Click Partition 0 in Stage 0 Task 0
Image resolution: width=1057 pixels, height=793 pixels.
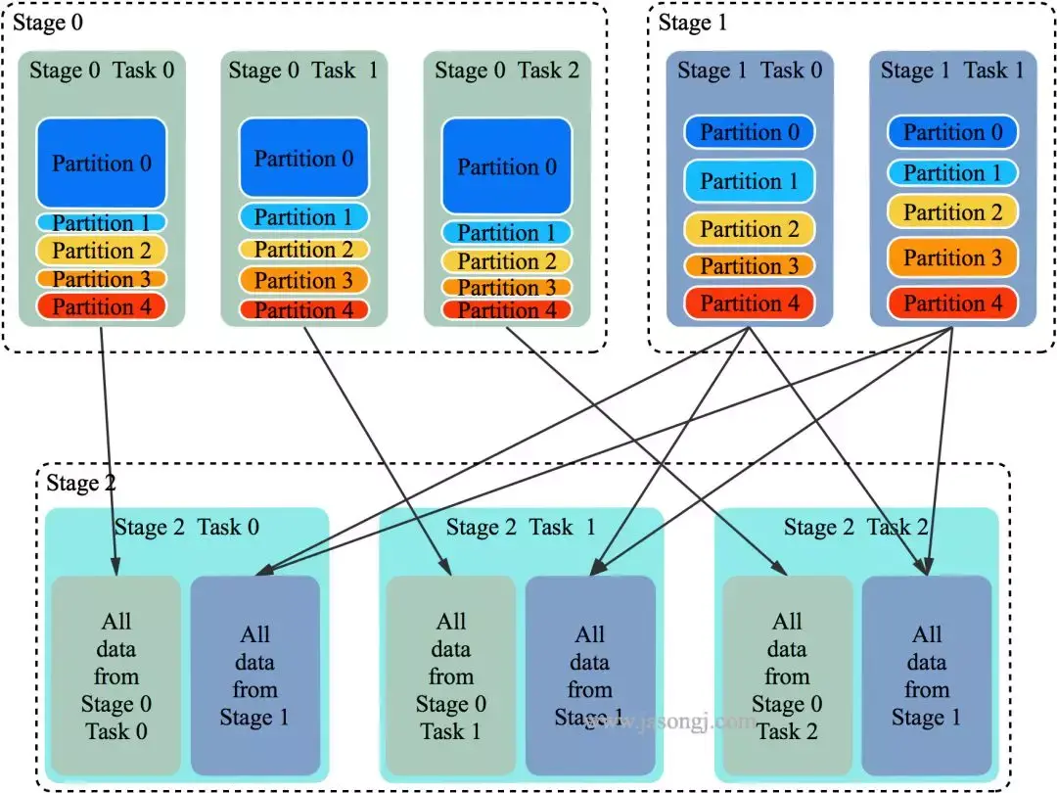(x=102, y=163)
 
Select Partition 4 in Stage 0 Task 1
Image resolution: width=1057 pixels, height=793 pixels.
(x=303, y=310)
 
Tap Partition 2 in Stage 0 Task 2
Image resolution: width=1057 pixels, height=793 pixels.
(x=506, y=261)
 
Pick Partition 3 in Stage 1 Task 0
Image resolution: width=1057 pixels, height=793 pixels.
(x=749, y=265)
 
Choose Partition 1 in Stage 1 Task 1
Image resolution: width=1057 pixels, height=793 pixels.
(x=952, y=173)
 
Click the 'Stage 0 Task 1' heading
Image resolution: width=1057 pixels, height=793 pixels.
(x=303, y=70)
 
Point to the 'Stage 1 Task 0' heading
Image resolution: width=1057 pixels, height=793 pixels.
(x=749, y=70)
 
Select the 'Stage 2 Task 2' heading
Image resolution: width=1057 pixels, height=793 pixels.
(x=856, y=528)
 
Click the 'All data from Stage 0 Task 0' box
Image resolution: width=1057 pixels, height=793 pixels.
(x=115, y=676)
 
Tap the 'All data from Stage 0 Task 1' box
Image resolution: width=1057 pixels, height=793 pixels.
(x=450, y=676)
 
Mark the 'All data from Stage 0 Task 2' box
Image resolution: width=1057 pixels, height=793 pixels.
(x=787, y=676)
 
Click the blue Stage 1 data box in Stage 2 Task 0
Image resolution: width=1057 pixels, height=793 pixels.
(x=254, y=676)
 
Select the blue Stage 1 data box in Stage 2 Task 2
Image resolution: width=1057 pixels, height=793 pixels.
(x=926, y=676)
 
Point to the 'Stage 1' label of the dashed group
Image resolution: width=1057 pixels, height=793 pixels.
(x=693, y=23)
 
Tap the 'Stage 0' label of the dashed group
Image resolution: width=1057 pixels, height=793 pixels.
(x=47, y=23)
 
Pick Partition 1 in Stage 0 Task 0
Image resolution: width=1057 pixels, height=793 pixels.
(x=102, y=223)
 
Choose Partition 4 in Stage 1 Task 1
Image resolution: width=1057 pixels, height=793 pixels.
(x=952, y=303)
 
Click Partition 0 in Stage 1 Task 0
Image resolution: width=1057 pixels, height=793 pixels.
(x=749, y=132)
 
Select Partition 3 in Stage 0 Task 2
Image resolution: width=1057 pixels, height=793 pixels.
(x=506, y=287)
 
